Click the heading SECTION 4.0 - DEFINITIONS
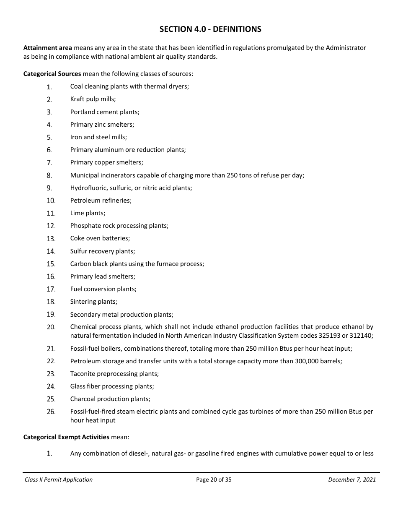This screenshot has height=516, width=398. point(210,29)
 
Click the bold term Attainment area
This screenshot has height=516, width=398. point(47,48)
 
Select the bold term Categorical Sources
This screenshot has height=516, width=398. point(52,74)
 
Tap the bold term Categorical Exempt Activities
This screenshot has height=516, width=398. point(66,437)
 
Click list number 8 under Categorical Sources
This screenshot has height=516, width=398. point(49,176)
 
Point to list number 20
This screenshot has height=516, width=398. point(51,327)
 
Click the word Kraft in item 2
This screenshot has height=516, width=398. point(78,99)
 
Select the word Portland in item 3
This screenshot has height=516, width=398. point(83,112)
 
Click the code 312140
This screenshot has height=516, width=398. point(360,336)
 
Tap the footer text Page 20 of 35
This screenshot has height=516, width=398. point(214,480)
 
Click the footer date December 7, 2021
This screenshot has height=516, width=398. point(352,480)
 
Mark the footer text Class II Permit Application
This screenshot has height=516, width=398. point(59,480)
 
